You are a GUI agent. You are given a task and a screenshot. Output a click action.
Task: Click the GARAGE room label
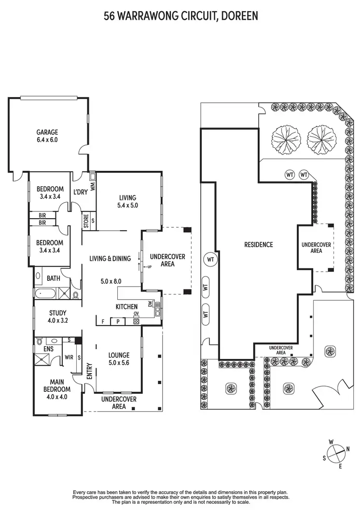pyautogui.click(x=47, y=132)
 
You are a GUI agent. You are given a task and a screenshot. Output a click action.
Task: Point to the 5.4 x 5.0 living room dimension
pyautogui.click(x=128, y=206)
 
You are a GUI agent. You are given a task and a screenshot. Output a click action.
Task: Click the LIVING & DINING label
pyautogui.click(x=110, y=259)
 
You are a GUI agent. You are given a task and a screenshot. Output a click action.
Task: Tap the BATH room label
pyautogui.click(x=54, y=278)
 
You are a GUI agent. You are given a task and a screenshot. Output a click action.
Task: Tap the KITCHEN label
pyautogui.click(x=126, y=307)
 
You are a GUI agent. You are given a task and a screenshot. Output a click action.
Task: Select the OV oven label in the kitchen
pyautogui.click(x=136, y=314)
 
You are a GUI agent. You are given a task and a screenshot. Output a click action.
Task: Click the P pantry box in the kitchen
pyautogui.click(x=117, y=321)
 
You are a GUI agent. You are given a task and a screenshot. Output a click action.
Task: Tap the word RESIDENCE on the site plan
pyautogui.click(x=258, y=245)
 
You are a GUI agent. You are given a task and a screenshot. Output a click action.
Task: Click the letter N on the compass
pyautogui.click(x=347, y=449)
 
